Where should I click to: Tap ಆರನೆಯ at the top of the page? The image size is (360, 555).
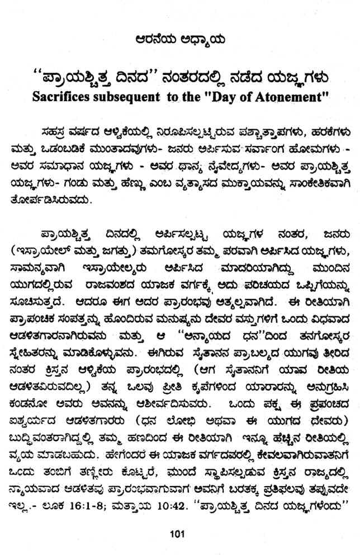click(159, 40)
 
